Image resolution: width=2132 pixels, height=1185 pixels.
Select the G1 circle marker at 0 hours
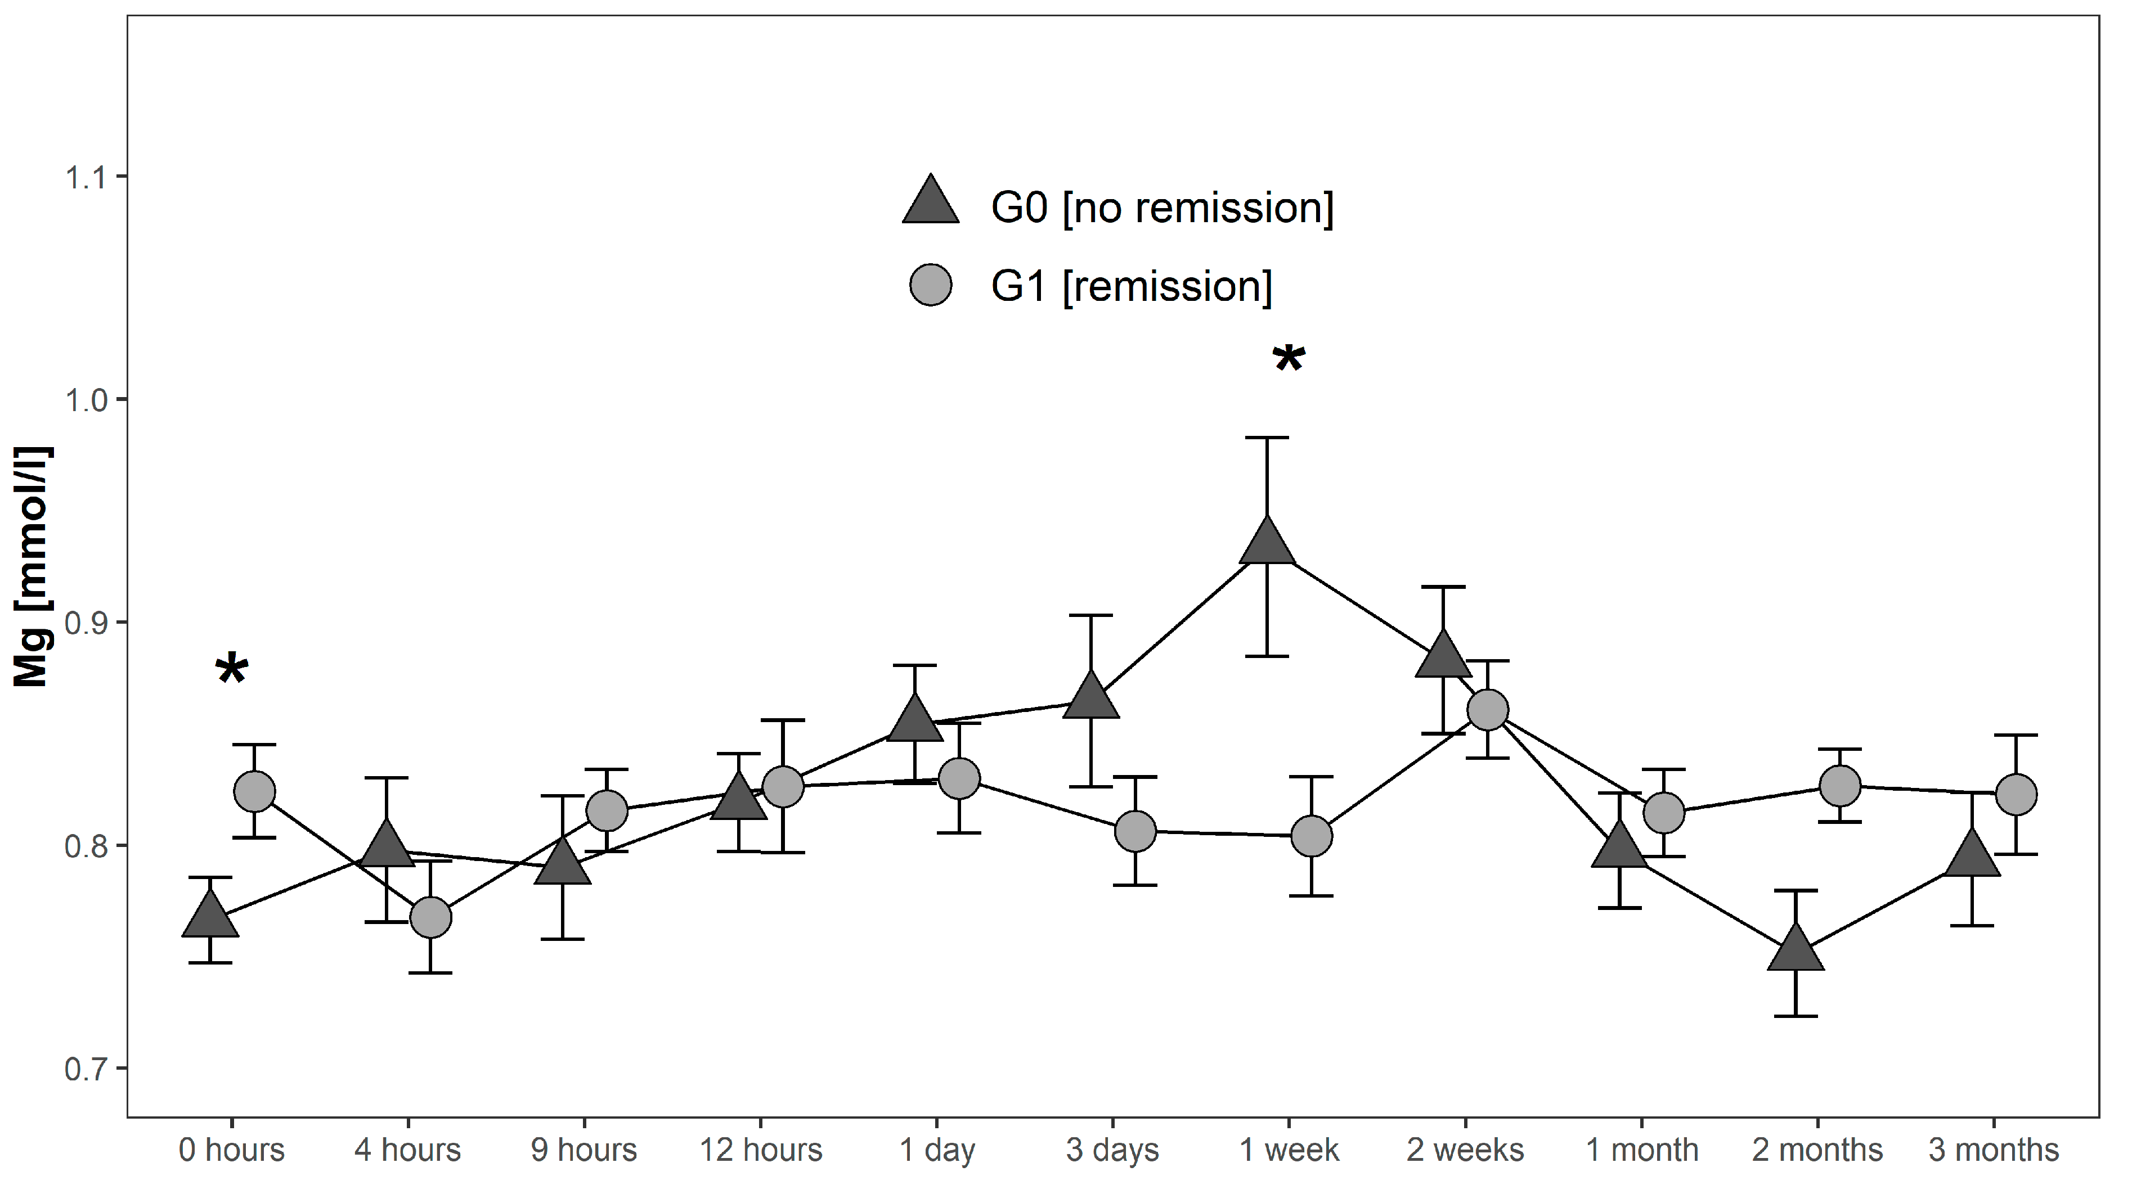pyautogui.click(x=254, y=792)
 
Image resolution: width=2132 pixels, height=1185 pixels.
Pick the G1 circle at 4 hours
pyautogui.click(x=430, y=918)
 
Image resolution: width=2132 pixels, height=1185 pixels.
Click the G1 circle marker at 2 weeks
pyautogui.click(x=1487, y=710)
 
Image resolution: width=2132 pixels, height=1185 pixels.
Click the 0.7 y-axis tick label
pyautogui.click(x=86, y=1069)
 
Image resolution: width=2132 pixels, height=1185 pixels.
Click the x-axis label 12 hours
pyautogui.click(x=761, y=1150)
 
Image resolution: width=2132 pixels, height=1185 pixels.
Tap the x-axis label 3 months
pyautogui.click(x=1993, y=1150)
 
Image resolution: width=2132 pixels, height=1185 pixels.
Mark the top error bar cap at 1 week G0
pyautogui.click(x=1266, y=437)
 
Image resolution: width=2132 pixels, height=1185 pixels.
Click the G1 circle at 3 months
pyautogui.click(x=2016, y=795)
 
